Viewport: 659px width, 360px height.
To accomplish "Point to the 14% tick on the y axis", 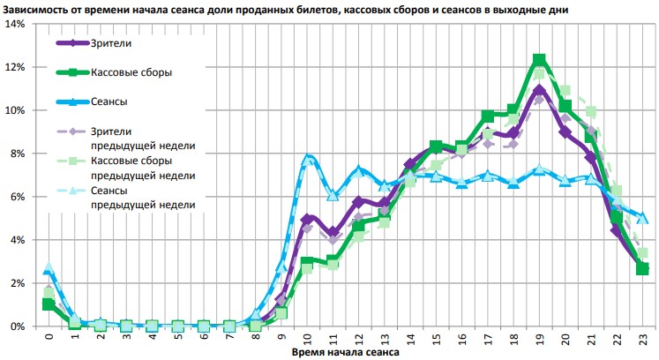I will (x=17, y=24).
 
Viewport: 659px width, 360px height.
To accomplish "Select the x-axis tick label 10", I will (x=308, y=338).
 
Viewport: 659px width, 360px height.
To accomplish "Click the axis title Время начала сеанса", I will (x=345, y=353).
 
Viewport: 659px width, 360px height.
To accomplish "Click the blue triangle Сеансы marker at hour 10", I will (x=308, y=159).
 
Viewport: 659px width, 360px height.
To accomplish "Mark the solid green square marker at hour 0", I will (x=49, y=304).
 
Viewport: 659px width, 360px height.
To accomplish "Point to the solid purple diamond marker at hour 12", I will (x=359, y=202).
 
